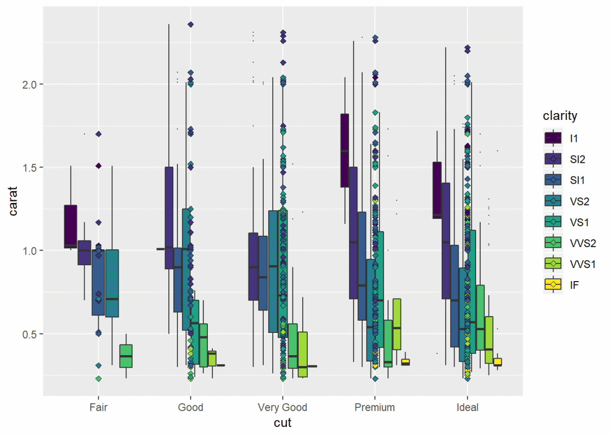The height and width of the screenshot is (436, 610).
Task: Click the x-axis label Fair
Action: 98,407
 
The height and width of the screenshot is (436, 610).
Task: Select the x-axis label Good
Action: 190,407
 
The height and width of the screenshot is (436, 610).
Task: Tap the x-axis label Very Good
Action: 282,407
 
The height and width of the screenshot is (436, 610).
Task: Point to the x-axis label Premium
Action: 374,407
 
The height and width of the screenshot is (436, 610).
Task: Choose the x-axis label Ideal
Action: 467,407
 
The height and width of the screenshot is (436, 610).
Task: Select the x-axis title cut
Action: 282,423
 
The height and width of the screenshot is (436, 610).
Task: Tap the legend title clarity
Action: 560,116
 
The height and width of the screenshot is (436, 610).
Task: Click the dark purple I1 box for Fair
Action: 71,225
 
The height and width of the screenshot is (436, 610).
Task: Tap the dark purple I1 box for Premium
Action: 345,150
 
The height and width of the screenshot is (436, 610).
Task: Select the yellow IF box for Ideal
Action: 498,362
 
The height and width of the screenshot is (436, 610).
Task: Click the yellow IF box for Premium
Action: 406,362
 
